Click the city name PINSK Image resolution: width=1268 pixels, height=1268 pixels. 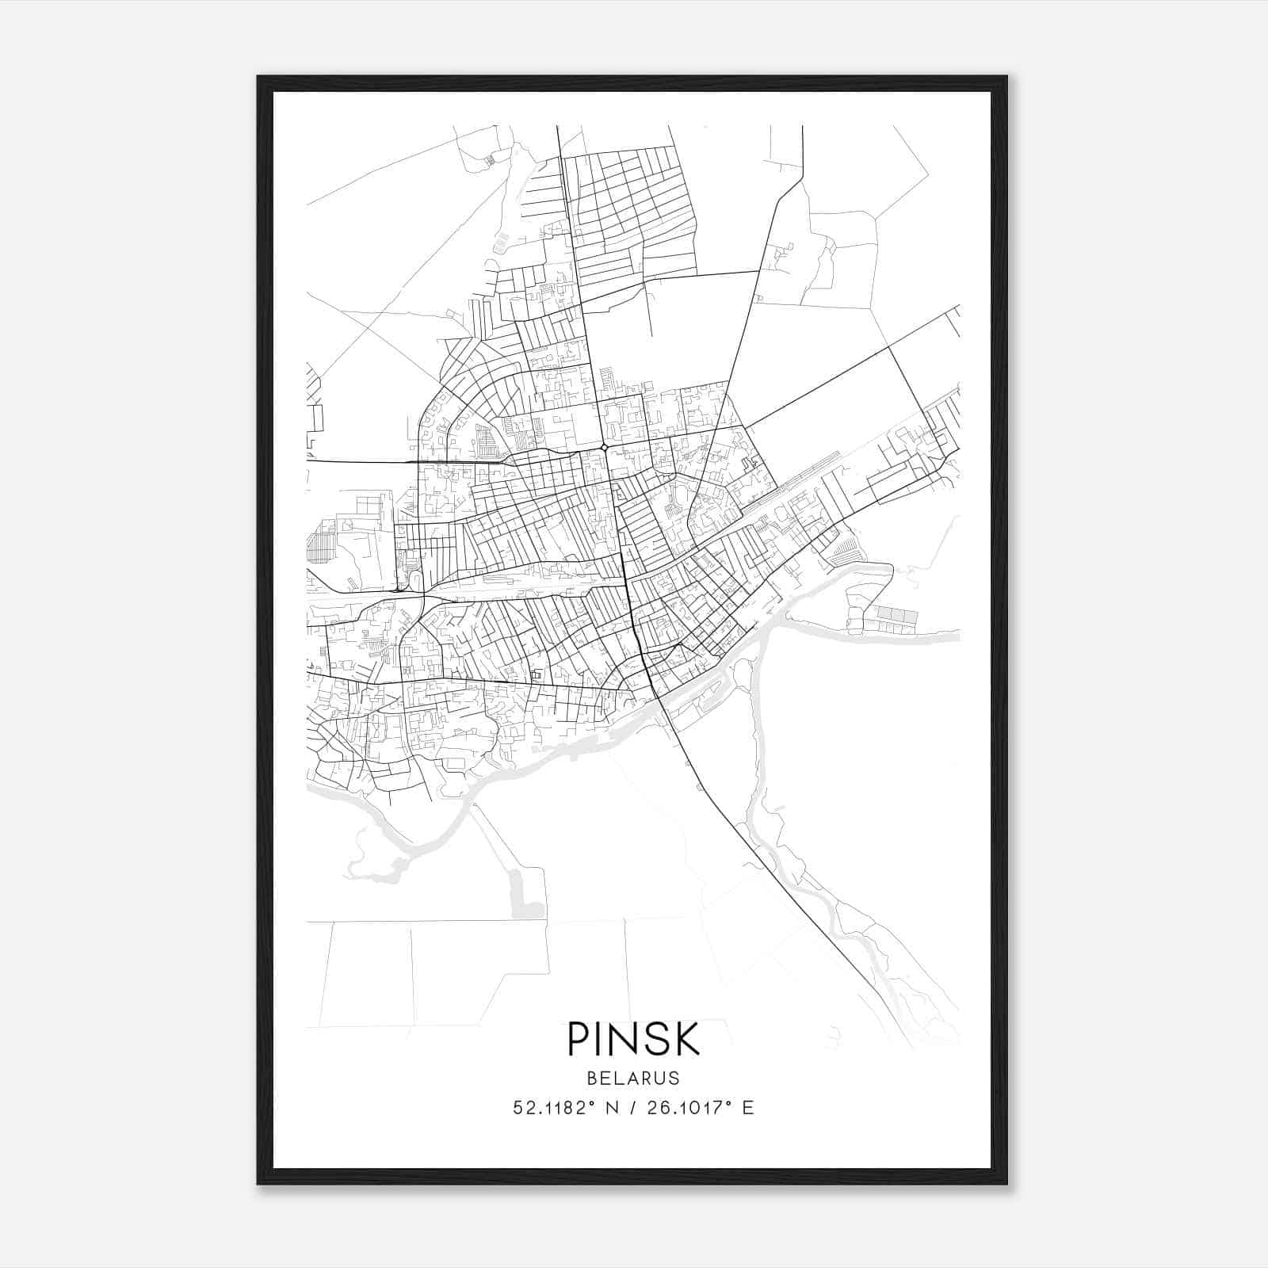coord(633,1039)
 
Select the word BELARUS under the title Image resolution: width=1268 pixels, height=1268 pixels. coord(633,1078)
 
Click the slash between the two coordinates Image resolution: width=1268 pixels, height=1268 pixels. coord(631,1108)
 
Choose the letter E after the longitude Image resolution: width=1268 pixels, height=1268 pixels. coord(748,1108)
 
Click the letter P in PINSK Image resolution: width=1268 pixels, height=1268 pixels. coord(578,1039)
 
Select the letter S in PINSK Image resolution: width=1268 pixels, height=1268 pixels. coord(653,1039)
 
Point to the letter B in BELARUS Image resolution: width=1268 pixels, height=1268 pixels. coord(592,1078)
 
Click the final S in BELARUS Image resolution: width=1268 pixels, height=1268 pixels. coord(674,1078)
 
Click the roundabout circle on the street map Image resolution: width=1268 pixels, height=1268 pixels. coord(605,448)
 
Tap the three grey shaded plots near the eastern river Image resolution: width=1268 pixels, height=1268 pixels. coord(896,615)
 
